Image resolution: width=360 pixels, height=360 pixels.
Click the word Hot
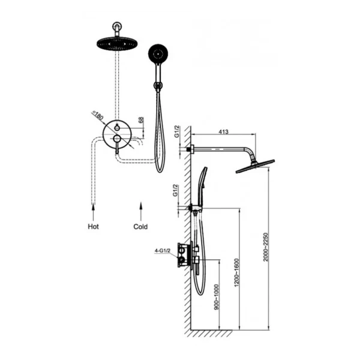point(93,227)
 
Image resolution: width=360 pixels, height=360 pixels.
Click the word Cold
point(140,227)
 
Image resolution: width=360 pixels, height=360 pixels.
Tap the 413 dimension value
point(223,132)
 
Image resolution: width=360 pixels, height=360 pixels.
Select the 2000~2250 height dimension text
point(266,247)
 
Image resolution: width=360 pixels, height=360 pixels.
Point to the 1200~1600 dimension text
point(237,272)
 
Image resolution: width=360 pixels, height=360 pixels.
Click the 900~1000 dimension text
point(217,298)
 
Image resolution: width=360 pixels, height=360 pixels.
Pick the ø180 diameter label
point(97,115)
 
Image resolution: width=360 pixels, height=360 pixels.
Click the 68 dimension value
point(141,120)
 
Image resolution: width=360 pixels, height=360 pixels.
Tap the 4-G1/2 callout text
point(163,251)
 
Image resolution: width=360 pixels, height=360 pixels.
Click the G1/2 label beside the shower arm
point(176,132)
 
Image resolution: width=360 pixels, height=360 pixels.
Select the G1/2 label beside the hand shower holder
point(176,191)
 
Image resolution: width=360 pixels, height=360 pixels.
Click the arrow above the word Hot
point(93,212)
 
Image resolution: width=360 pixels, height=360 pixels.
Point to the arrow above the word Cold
point(141,211)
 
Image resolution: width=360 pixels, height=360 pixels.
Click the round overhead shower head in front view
point(116,43)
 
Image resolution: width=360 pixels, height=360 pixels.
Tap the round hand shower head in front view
point(158,54)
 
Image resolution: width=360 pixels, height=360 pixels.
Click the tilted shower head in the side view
point(256,166)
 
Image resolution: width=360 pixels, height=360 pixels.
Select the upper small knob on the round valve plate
point(117,128)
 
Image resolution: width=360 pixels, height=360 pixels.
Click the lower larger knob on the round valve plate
point(117,139)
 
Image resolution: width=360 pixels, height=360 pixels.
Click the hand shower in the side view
point(202,187)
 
